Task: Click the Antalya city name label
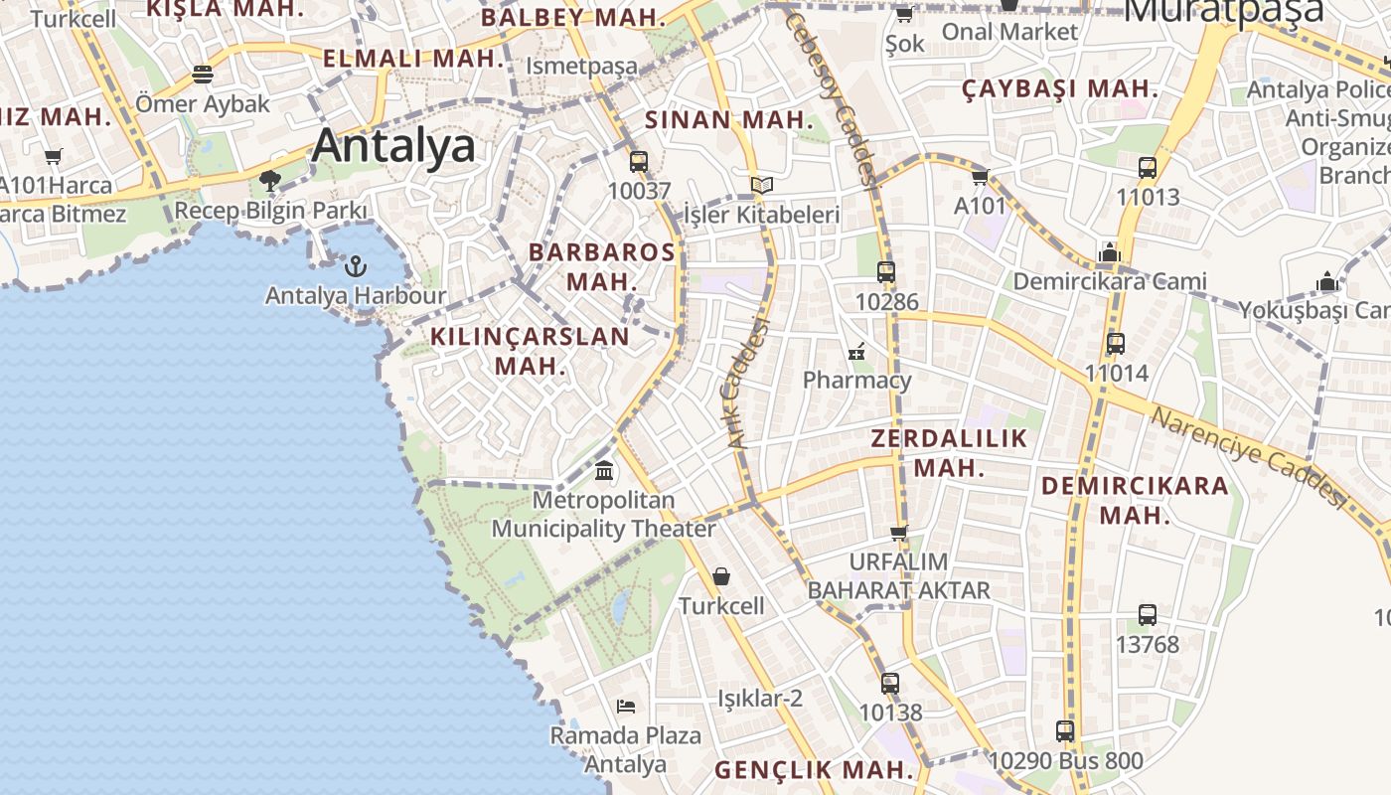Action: [393, 146]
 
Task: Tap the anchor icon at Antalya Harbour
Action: [356, 266]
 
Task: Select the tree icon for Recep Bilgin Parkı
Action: [269, 181]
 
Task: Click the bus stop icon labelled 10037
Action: [639, 161]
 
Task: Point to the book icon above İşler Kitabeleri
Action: [762, 186]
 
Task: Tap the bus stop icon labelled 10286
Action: [886, 272]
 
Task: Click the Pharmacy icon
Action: [856, 351]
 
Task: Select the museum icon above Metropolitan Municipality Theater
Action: [604, 470]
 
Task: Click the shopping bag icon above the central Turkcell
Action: [721, 576]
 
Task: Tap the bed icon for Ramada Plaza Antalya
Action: [626, 707]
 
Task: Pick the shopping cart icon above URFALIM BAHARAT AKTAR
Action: [899, 533]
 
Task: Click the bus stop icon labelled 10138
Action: [890, 684]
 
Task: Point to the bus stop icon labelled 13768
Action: [1148, 615]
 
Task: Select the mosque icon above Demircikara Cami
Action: [1110, 252]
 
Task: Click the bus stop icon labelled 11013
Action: [1148, 168]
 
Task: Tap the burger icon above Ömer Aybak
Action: [203, 75]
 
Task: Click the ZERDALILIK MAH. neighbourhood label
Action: [949, 453]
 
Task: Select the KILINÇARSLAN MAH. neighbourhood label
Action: [530, 351]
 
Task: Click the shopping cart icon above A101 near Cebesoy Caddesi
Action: [981, 178]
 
